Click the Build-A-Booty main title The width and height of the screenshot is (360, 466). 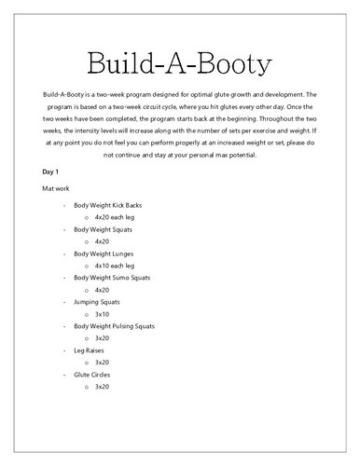tap(180, 63)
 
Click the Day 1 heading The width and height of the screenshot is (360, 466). tap(52, 172)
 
